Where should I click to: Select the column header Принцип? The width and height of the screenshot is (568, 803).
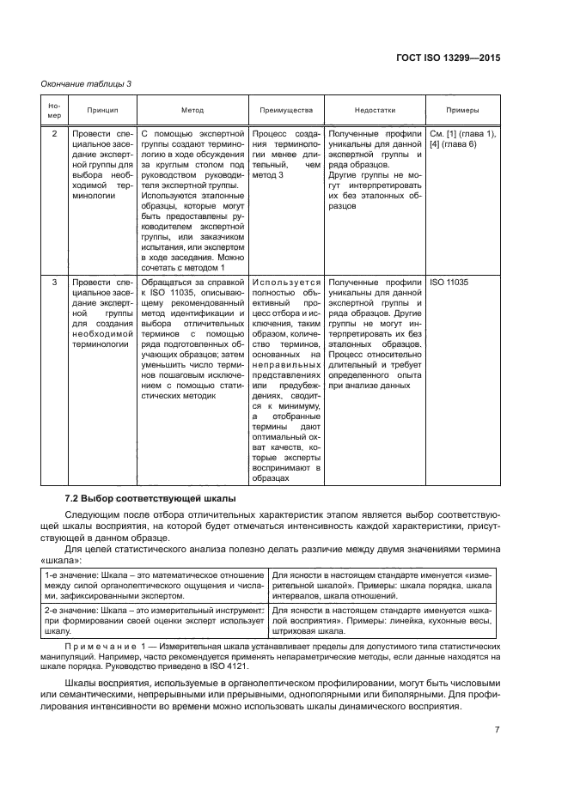pyautogui.click(x=102, y=111)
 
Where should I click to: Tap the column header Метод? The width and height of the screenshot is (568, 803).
pyautogui.click(x=192, y=111)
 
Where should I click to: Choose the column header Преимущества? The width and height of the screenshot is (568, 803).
pyautogui.click(x=286, y=111)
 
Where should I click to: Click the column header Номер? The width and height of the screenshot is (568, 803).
pyautogui.click(x=55, y=111)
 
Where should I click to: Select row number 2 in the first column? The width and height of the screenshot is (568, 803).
pyautogui.click(x=55, y=135)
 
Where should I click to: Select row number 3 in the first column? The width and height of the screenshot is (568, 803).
pyautogui.click(x=55, y=282)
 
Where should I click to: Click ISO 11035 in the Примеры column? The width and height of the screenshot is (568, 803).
pyautogui.click(x=450, y=282)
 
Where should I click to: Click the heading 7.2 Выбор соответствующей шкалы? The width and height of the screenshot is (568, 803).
pyautogui.click(x=139, y=499)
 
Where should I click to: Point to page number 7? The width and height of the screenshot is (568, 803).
pyautogui.click(x=498, y=730)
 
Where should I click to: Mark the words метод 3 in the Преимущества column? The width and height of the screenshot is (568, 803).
pyautogui.click(x=268, y=174)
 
